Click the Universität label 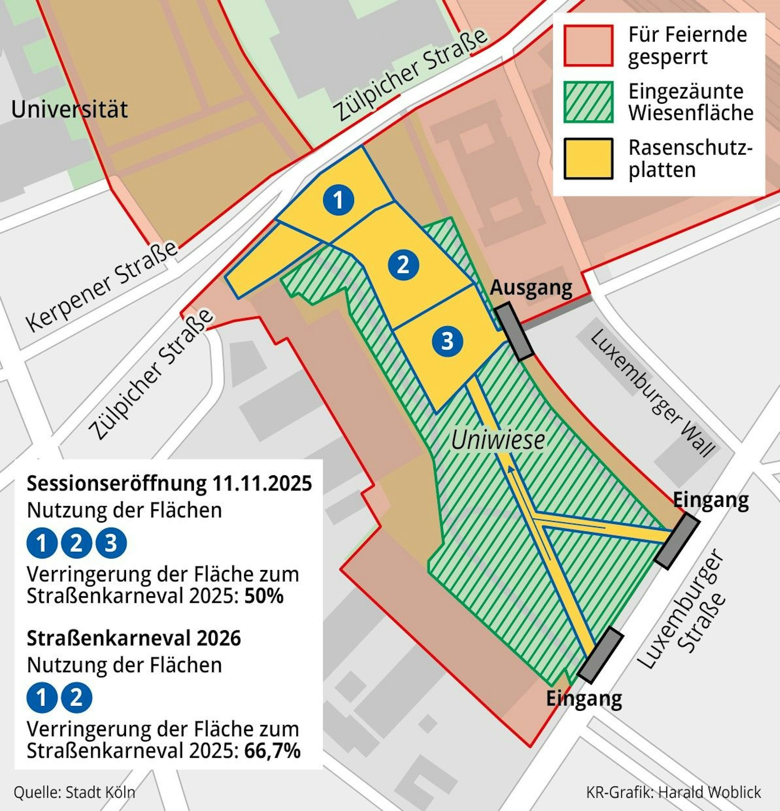tap(69, 109)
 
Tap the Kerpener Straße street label tap(102, 286)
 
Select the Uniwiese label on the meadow tap(497, 440)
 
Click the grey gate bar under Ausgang tap(514, 331)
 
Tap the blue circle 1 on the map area tap(339, 200)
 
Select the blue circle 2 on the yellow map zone tap(403, 264)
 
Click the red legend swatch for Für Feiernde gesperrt tap(588, 46)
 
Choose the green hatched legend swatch tap(588, 102)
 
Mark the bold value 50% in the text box tap(264, 596)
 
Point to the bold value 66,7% tap(272, 751)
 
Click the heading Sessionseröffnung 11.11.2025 tap(169, 483)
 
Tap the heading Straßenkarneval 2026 tap(134, 638)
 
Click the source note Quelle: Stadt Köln tap(74, 792)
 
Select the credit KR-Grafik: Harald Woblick tap(673, 792)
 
